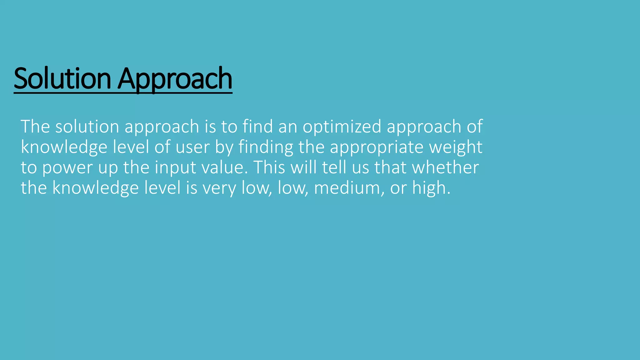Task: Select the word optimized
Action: coord(342,127)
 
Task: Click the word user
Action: coord(192,147)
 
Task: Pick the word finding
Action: coord(266,147)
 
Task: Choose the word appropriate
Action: coord(377,147)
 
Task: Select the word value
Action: coord(224,167)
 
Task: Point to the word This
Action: coord(269,167)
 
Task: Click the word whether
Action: coord(445,167)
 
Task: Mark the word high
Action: coord(431,188)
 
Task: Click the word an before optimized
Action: coord(288,127)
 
